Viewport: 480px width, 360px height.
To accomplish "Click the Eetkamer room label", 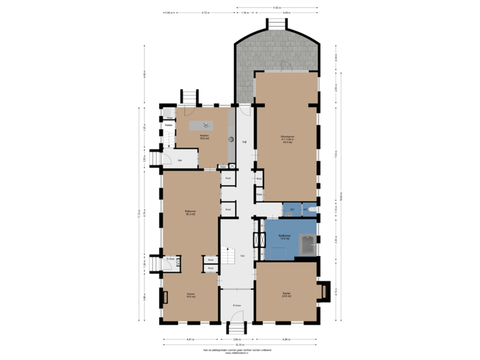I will tap(190, 213).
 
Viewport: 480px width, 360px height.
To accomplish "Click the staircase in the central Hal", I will tap(231, 255).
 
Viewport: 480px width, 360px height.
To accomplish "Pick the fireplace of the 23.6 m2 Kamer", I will tap(325, 290).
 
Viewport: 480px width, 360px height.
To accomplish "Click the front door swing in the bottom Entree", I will tap(237, 317).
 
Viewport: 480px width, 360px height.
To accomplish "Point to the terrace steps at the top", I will tap(276, 25).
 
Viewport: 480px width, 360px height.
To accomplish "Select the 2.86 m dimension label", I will tap(237, 339).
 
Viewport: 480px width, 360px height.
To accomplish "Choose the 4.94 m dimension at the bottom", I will tap(287, 339).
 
